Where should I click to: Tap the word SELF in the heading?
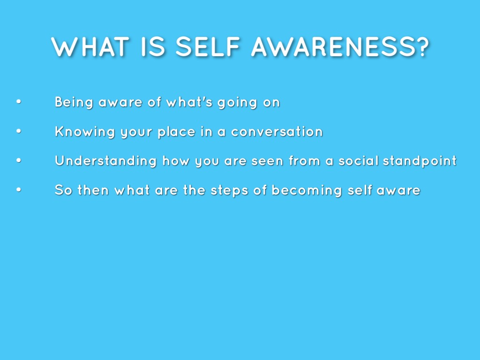[208, 47]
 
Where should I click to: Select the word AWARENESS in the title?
[332, 47]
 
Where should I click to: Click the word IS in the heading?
[153, 47]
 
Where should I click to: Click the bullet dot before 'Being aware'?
[19, 102]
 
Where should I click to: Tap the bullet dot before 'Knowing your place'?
[19, 131]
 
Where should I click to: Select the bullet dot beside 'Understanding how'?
[19, 160]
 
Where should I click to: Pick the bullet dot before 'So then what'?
[19, 190]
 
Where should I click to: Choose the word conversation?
[277, 132]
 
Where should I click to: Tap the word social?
[359, 161]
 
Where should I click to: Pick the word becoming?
[307, 190]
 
